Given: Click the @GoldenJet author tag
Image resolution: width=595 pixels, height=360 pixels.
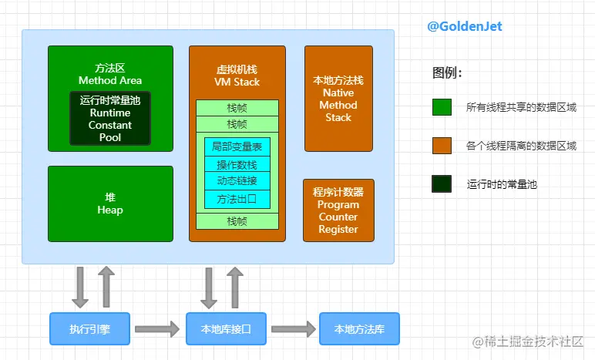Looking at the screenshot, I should (x=465, y=26).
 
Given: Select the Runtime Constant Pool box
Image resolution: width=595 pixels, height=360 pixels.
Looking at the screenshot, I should (x=110, y=119).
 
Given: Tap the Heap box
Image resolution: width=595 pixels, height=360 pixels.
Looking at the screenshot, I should (x=110, y=204).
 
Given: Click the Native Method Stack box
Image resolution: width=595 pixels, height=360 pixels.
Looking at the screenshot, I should (x=338, y=99).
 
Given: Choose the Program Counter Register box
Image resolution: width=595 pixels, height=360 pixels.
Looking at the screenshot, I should (x=338, y=210).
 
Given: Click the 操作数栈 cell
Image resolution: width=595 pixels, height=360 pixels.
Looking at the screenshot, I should (x=237, y=164).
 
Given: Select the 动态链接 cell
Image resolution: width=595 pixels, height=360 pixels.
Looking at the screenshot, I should (x=237, y=181).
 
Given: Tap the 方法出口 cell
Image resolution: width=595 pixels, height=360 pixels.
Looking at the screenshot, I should (x=237, y=199).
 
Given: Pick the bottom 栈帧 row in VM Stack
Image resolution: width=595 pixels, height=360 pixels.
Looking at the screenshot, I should (x=237, y=221).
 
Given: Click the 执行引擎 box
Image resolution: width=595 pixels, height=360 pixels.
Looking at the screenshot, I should (x=90, y=329).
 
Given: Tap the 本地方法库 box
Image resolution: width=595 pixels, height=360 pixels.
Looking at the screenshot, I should (x=359, y=329).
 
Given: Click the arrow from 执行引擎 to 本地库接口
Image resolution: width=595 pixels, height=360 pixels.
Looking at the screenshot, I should (x=157, y=329).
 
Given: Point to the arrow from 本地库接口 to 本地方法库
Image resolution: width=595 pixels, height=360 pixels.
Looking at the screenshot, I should (x=293, y=329).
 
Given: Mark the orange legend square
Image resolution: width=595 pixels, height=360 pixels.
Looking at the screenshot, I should (x=442, y=146).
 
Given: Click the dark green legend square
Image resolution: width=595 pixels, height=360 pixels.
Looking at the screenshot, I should (x=442, y=184).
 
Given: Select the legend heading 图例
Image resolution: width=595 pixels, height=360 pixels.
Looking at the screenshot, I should (x=447, y=74).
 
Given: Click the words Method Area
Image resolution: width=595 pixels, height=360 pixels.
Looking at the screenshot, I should (x=110, y=80).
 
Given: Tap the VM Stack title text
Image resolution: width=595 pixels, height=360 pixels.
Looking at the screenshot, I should (x=237, y=82).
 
